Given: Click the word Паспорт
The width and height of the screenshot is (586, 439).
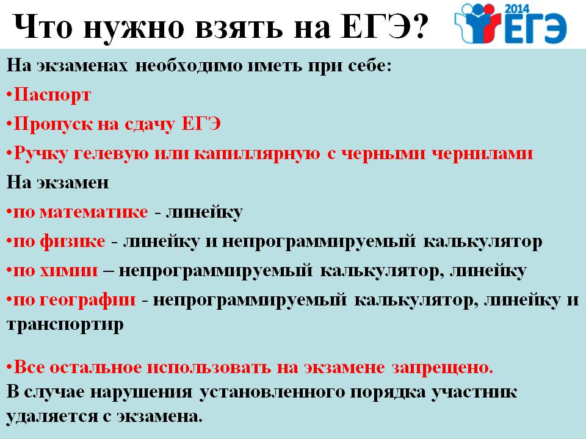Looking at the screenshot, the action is click(52, 95).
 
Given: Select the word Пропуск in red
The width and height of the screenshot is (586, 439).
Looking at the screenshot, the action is click(52, 124).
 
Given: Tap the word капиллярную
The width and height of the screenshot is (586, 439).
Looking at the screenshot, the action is click(257, 154).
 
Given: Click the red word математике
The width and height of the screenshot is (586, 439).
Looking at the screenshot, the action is click(94, 212).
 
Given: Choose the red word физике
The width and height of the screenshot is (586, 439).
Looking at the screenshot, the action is click(73, 241).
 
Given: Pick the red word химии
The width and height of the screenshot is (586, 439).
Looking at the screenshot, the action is click(69, 270).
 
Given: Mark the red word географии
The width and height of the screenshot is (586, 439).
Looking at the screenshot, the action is click(87, 300).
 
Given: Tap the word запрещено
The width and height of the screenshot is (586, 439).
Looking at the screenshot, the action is click(443, 368).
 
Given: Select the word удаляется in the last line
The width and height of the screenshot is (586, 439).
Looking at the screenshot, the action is click(50, 416).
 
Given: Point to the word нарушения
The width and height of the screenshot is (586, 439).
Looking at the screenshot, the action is click(142, 392).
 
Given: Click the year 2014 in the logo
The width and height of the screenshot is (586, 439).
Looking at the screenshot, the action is click(517, 9).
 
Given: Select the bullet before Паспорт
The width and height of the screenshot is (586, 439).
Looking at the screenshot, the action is click(9, 96).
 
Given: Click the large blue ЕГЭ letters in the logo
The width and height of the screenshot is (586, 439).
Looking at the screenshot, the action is click(536, 29).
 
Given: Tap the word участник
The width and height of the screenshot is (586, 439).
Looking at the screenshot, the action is click(475, 392).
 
